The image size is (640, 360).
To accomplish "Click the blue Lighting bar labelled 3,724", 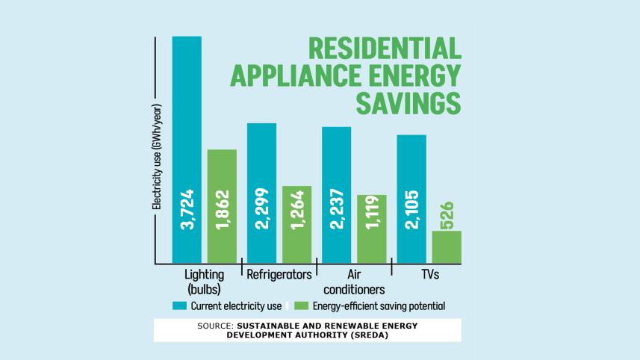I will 187,149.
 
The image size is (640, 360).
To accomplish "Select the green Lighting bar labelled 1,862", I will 222,206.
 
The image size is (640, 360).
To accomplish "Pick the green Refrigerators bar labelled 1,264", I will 296,224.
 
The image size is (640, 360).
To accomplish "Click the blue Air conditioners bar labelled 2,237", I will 336,195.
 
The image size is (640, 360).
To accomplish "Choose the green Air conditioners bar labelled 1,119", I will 371,229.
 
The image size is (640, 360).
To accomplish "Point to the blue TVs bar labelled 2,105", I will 411,199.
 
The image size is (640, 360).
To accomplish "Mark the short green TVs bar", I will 447,247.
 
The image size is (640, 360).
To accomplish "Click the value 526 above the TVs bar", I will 447,215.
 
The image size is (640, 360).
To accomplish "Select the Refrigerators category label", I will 279,275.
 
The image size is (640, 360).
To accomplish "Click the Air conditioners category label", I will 355,282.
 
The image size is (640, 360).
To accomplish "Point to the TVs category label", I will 429,275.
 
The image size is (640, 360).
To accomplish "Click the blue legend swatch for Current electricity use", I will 179,305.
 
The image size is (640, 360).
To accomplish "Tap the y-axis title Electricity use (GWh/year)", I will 158,154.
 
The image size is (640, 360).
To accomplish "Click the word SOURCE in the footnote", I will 215,326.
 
